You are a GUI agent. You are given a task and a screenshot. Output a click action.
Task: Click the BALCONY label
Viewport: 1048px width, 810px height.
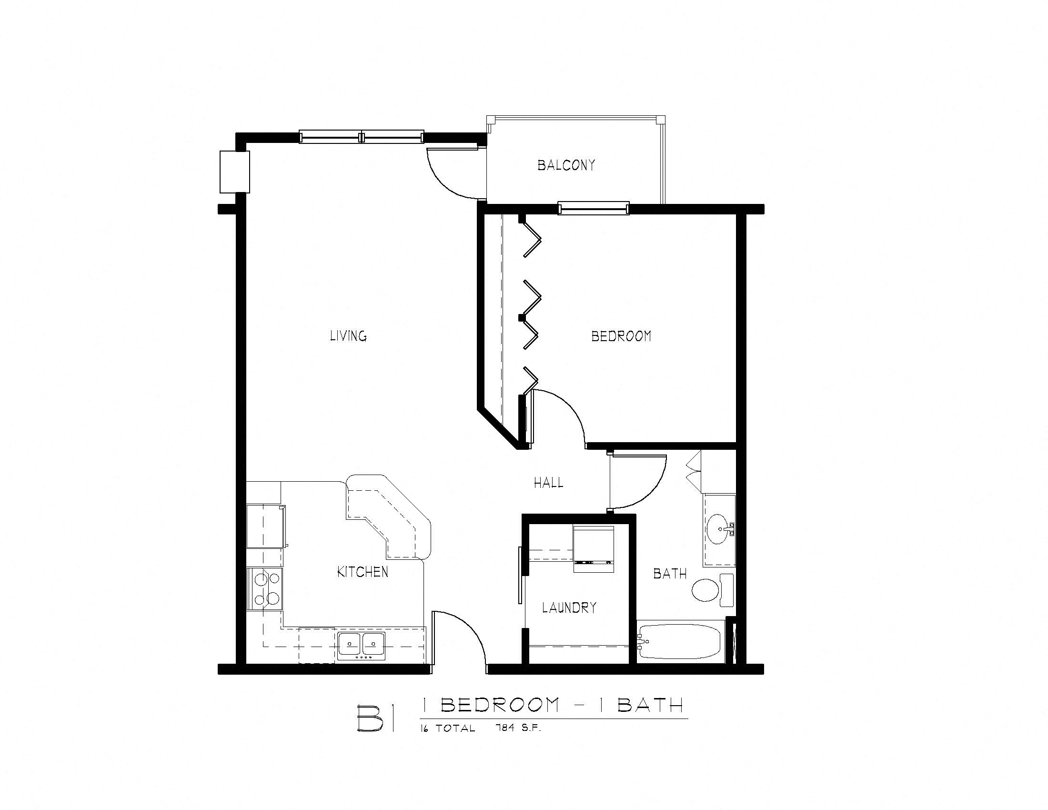point(566,165)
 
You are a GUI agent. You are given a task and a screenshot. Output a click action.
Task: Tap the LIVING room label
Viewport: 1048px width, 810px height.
point(348,336)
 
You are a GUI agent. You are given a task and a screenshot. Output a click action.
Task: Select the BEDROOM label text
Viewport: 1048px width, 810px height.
point(621,336)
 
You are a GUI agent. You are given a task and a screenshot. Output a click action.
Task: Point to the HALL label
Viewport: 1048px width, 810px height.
point(548,483)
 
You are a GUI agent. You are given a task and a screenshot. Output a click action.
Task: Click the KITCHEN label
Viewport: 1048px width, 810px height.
point(363,572)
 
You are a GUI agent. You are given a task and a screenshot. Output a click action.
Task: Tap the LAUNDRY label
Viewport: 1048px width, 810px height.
point(569,608)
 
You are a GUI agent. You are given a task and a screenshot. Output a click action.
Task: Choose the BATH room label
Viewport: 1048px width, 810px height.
point(670,573)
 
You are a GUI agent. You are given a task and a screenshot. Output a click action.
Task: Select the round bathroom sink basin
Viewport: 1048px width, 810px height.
point(718,530)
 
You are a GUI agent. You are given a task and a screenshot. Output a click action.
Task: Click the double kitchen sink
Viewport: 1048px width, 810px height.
point(362,644)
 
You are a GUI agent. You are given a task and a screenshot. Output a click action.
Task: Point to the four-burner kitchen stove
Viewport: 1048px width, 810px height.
point(265,589)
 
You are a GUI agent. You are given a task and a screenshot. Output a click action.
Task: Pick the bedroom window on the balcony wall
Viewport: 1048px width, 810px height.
point(593,208)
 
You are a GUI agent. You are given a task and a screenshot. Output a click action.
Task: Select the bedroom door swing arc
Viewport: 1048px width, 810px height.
point(566,408)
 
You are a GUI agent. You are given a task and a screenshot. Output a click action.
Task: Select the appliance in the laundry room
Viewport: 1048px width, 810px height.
point(594,549)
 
